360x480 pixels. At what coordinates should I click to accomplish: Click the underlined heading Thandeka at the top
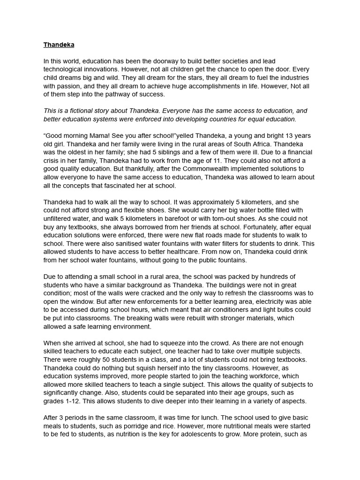tap(59, 45)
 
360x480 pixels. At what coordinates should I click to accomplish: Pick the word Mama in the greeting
tap(100, 135)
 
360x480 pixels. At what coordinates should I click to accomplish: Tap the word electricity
tap(270, 301)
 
